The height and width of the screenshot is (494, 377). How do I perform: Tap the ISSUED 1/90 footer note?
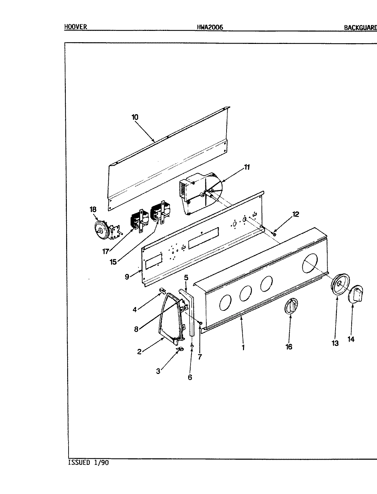pyautogui.click(x=88, y=462)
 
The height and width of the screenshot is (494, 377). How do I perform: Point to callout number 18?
pyautogui.click(x=93, y=209)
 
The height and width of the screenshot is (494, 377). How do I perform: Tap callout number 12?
pyautogui.click(x=295, y=214)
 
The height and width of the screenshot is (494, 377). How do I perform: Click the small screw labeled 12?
pyautogui.click(x=275, y=234)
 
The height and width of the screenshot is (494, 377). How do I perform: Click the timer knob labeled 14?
pyautogui.click(x=356, y=294)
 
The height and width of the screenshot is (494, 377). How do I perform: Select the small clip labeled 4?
pyautogui.click(x=162, y=291)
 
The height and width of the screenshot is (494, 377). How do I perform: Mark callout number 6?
pyautogui.click(x=190, y=377)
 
